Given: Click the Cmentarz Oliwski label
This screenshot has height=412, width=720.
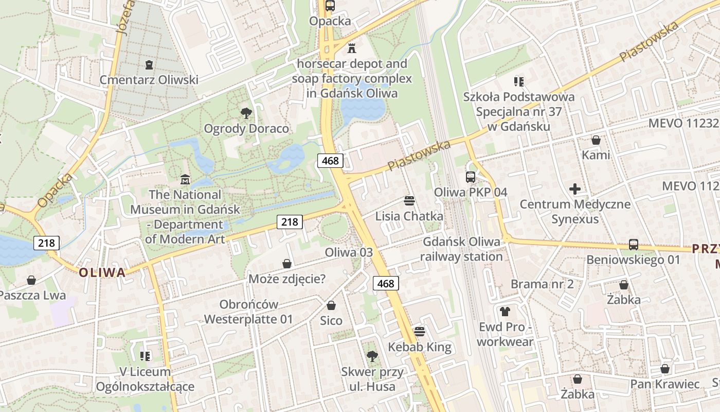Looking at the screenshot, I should (x=149, y=80).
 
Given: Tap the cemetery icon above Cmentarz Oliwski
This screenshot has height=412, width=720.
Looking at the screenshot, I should (x=149, y=65).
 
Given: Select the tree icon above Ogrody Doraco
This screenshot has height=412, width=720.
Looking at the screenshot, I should (x=246, y=113).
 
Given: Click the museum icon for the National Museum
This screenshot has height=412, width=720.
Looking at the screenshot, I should (x=185, y=180).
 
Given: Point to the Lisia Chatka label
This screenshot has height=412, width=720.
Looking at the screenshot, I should (x=409, y=216).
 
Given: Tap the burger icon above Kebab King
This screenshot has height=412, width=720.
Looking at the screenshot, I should (x=420, y=331).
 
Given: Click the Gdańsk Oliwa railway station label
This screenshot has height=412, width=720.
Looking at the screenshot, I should (x=461, y=249).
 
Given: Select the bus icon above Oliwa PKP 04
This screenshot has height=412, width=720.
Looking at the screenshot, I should (x=471, y=177).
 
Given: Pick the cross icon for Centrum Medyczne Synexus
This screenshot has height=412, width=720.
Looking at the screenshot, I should (x=575, y=189).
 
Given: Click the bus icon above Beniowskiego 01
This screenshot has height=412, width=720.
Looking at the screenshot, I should (x=634, y=245).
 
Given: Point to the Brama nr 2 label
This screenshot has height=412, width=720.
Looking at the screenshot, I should (x=542, y=284).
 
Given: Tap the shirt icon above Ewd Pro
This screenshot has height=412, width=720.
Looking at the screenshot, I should (x=505, y=312).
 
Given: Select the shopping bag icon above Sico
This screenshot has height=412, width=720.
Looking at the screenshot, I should (x=331, y=305).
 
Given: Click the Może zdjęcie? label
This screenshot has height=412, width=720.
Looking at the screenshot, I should (x=287, y=279).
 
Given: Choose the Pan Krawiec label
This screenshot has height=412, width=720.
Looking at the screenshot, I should (x=665, y=384).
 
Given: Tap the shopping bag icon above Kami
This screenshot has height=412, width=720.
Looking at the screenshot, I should (x=596, y=140).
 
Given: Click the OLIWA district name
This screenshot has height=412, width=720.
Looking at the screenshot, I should (x=102, y=272).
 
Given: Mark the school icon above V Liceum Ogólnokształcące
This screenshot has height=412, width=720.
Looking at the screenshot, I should (x=145, y=356).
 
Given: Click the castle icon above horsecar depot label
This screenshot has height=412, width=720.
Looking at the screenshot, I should (x=352, y=48).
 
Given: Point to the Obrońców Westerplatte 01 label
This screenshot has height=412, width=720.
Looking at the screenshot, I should (x=248, y=312).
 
